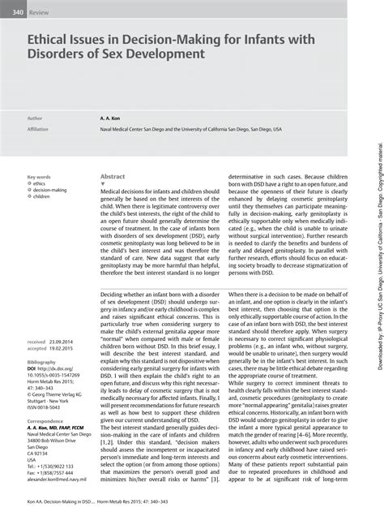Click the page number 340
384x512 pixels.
click(x=12, y=13)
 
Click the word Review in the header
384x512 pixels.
click(x=39, y=13)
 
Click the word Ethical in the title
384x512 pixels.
click(x=55, y=39)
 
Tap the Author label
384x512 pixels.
click(x=36, y=118)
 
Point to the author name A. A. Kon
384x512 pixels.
click(x=111, y=118)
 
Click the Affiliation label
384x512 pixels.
click(x=39, y=128)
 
